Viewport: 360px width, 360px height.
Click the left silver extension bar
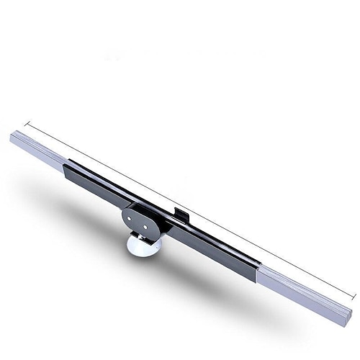(36, 148)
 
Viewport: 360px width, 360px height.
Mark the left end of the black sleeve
(66, 169)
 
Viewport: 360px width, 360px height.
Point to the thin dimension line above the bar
(187, 210)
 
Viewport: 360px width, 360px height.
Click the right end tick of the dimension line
(354, 296)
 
